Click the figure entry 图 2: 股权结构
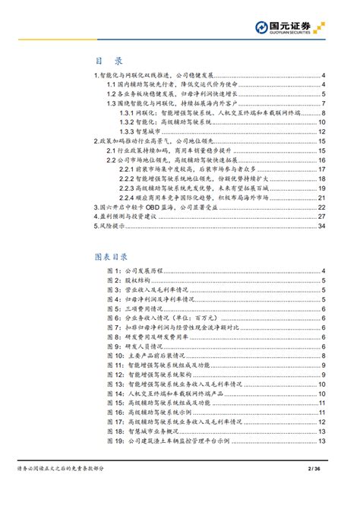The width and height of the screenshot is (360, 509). (x=131, y=280)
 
